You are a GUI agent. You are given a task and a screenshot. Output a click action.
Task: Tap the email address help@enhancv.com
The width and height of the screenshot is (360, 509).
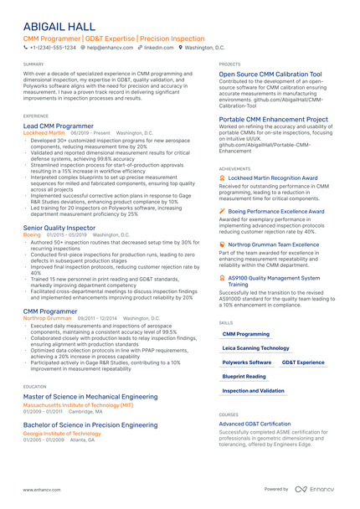click(x=110, y=49)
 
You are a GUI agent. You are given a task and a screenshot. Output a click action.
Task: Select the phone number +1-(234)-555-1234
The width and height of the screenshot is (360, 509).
click(x=52, y=49)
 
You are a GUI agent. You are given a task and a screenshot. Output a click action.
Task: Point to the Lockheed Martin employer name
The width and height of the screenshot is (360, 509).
click(x=44, y=132)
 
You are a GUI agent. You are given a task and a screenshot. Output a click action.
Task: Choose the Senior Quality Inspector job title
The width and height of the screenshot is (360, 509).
click(x=59, y=228)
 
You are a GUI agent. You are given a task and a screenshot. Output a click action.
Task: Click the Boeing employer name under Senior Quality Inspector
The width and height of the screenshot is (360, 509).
click(x=32, y=235)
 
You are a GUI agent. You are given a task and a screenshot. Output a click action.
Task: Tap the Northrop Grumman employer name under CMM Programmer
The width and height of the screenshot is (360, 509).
click(x=47, y=319)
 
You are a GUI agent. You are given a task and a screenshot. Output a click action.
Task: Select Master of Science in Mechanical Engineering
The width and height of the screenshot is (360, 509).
click(x=90, y=396)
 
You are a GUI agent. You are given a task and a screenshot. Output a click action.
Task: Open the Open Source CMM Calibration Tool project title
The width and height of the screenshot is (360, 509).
click(x=270, y=74)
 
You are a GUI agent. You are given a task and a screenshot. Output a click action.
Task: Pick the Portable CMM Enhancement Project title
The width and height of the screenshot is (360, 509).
click(x=274, y=120)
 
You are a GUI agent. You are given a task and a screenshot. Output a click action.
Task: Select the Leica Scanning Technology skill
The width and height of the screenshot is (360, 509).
click(x=256, y=347)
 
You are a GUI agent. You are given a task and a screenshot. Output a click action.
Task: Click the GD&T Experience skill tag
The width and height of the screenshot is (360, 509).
click(x=303, y=362)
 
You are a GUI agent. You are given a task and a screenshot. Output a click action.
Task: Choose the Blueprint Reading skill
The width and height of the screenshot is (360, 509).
click(x=244, y=377)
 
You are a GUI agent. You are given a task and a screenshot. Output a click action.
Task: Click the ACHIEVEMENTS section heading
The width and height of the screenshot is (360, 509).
click(x=234, y=168)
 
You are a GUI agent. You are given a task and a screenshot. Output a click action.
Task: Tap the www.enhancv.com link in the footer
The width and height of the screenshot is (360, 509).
click(x=40, y=489)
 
